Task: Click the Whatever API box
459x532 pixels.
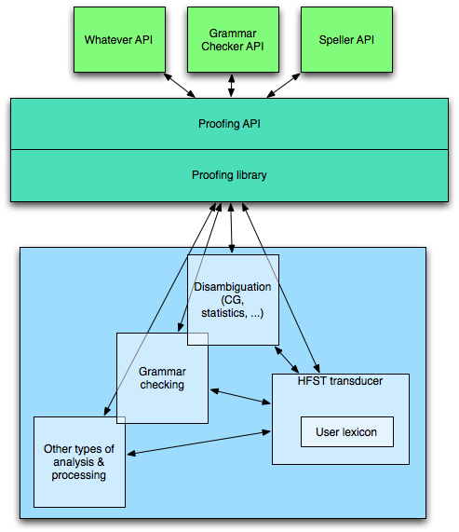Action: point(120,39)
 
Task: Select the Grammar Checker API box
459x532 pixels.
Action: point(234,39)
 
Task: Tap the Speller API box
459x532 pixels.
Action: point(346,39)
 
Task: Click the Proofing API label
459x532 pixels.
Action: point(229,124)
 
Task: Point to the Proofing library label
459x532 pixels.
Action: point(229,175)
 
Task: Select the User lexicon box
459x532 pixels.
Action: point(347,432)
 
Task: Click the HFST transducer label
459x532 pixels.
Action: point(340,381)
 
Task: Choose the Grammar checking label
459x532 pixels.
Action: point(162,378)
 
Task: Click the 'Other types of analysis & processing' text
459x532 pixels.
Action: point(79,462)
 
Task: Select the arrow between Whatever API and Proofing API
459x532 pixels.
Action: point(180,86)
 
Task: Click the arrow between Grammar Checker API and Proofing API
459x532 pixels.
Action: point(231,86)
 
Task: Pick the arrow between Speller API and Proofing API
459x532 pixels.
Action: point(284,86)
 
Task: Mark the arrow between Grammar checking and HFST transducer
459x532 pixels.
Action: point(240,397)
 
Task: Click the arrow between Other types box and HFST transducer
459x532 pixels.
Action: point(198,443)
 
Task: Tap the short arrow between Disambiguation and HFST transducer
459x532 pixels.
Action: point(287,360)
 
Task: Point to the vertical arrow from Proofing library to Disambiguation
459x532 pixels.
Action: point(231,228)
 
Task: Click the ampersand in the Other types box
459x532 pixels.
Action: point(101,462)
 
